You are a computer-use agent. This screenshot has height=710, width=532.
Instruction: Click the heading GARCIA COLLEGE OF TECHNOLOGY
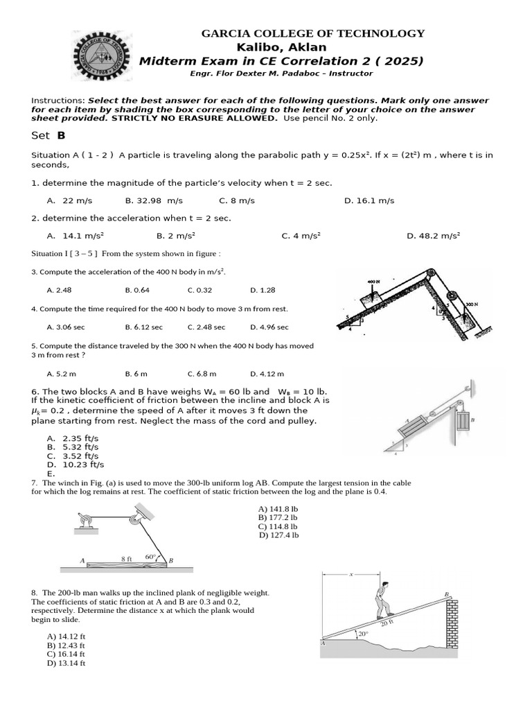[312, 33]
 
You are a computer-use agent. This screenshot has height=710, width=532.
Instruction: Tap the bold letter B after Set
[61, 136]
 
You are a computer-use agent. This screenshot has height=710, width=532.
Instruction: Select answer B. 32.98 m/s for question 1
[154, 200]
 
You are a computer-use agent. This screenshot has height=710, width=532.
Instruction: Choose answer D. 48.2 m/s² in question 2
[433, 236]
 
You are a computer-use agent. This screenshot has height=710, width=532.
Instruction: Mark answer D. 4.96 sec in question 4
[269, 327]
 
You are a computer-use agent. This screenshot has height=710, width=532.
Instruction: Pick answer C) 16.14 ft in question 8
[66, 654]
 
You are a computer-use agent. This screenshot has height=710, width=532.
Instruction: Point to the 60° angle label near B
[150, 557]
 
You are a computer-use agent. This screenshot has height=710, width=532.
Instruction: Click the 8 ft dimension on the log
[126, 558]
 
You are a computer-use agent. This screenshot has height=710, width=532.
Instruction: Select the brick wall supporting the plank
[451, 627]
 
